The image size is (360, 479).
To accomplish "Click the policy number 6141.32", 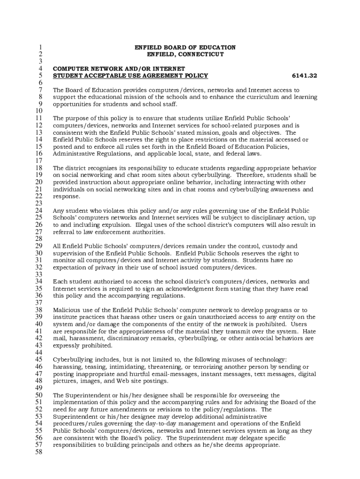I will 304,75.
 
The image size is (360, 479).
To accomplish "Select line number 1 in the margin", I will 41,47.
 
